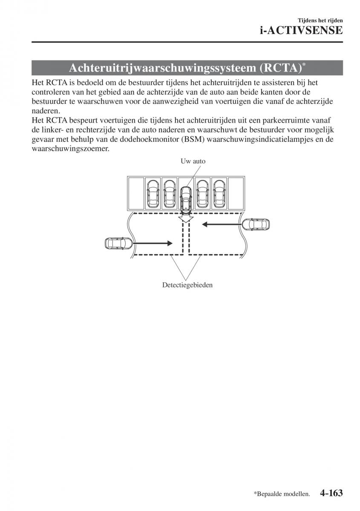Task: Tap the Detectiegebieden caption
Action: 187,285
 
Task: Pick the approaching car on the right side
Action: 256,224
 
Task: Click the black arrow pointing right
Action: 153,243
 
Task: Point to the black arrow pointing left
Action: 222,224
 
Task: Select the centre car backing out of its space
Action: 186,199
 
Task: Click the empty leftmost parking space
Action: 136,194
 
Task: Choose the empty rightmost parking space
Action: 236,194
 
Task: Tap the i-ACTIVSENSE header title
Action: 301,30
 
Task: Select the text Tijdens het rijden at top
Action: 321,20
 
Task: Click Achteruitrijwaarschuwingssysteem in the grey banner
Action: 164,68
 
